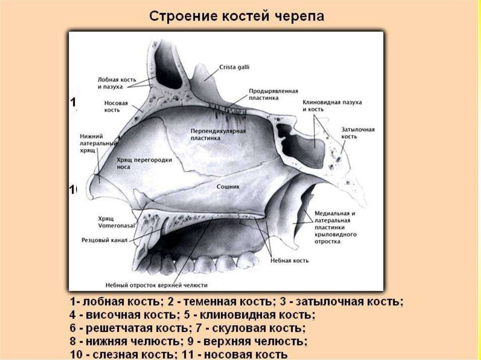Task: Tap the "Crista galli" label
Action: [234, 68]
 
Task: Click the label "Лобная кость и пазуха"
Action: [110, 83]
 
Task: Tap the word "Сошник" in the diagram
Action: [228, 186]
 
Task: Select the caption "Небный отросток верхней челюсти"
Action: [157, 285]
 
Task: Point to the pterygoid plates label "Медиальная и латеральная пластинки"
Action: [334, 227]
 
